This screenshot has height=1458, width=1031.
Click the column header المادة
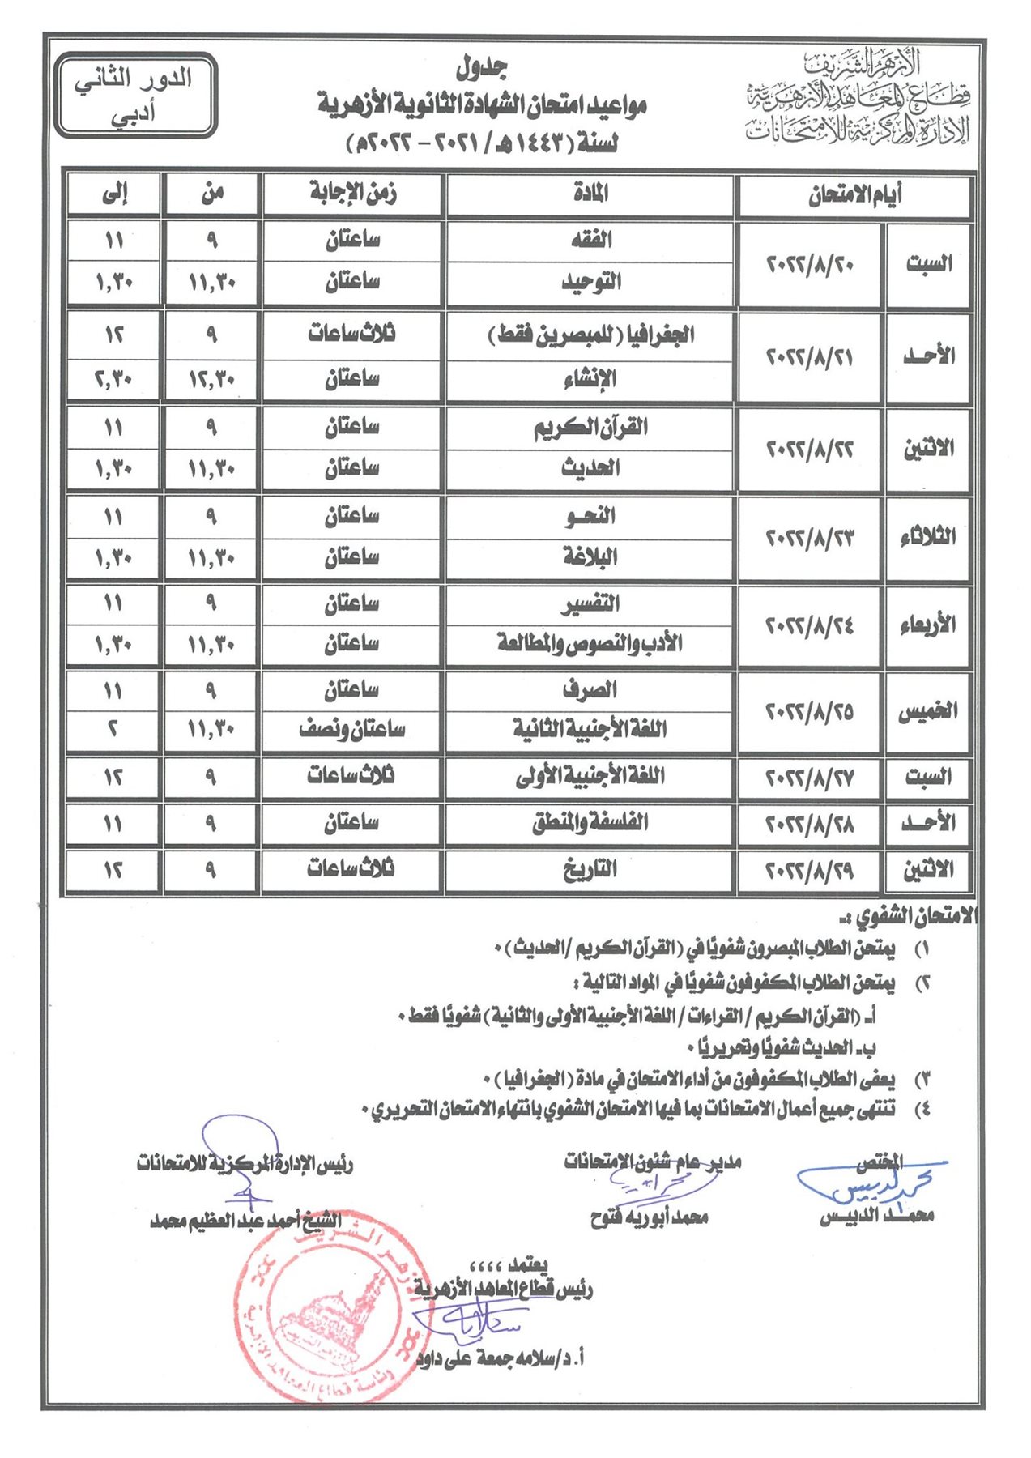(590, 194)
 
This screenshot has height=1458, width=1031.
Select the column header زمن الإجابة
(352, 194)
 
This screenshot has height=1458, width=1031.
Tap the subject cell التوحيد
(591, 282)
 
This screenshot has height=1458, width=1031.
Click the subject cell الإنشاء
(591, 378)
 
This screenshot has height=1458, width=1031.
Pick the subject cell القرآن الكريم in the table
(591, 427)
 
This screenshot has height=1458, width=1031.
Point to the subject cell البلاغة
(591, 557)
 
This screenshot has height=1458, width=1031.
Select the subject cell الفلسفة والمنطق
(591, 824)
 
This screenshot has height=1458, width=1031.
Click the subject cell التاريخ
(591, 870)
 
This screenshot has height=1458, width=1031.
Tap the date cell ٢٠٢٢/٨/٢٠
(809, 264)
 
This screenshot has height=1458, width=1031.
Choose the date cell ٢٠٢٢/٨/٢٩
(809, 871)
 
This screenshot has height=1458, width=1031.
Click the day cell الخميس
(928, 712)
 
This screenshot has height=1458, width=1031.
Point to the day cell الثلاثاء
(928, 537)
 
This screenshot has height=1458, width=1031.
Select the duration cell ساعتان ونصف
(352, 729)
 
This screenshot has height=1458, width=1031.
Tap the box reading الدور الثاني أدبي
(136, 95)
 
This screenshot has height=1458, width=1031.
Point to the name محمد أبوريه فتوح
(650, 1217)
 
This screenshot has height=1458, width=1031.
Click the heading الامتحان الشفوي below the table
(907, 917)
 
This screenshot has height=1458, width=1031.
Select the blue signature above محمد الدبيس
(867, 1185)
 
